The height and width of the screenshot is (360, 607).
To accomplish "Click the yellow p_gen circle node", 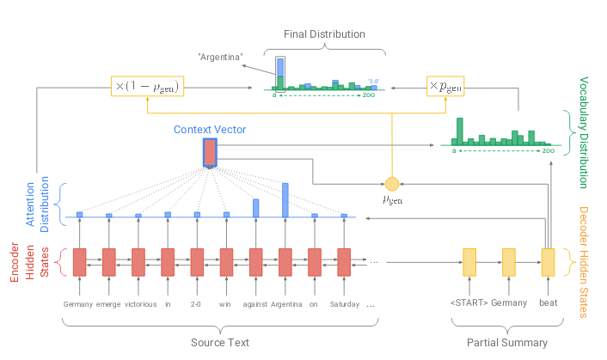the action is tap(392, 184).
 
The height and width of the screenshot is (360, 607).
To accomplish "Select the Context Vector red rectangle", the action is tap(210, 153).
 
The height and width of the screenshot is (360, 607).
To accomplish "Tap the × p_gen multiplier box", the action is tap(445, 86).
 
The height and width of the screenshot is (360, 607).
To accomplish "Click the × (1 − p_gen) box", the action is tap(148, 86).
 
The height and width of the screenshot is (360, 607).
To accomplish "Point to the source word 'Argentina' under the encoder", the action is tap(286, 304).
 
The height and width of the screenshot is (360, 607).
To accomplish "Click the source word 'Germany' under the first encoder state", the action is tap(78, 304).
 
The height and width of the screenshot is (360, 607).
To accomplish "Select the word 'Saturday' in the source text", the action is tap(345, 304).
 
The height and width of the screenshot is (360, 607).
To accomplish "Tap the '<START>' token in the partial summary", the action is tap(469, 302).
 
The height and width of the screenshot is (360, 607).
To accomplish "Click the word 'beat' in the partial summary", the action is tap(549, 302).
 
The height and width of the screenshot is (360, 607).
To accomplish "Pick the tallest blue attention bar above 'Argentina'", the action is tap(285, 200).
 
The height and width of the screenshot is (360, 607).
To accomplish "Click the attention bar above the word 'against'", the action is tap(256, 208).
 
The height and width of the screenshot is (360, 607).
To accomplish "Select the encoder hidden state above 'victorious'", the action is tap(138, 262).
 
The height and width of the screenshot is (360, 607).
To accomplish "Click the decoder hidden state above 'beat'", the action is tap(548, 262).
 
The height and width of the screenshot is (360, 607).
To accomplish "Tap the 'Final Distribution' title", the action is tap(324, 34).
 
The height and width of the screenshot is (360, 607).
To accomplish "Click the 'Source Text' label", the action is tap(220, 343).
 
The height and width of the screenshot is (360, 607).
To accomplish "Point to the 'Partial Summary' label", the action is tap(507, 343).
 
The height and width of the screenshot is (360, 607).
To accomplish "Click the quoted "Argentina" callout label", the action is tap(221, 58).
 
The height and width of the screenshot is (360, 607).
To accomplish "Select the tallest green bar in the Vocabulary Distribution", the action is tap(460, 131).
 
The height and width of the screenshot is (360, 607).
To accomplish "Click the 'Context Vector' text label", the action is tap(210, 130).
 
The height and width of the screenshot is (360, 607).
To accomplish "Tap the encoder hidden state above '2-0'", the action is tap(197, 262).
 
